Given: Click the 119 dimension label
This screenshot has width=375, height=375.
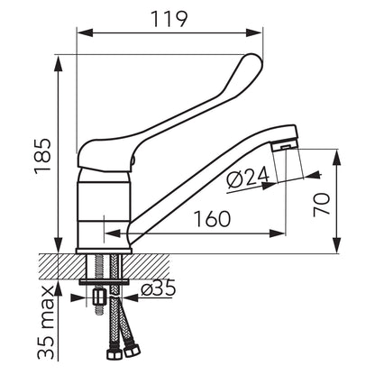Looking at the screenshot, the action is point(169,19).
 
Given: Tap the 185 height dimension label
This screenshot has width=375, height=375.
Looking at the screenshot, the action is point(42,156).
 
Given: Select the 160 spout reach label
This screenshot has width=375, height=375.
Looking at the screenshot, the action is point(213,218).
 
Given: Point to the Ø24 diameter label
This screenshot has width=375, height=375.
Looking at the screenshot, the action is point(248,178).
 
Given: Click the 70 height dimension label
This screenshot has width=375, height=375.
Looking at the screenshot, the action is point(321,205).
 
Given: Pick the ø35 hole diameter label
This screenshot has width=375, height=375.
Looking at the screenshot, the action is point(159,288).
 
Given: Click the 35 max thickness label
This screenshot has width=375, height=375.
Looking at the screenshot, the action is point(46,322).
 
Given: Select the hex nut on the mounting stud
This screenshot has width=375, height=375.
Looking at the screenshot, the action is point(99,297).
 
